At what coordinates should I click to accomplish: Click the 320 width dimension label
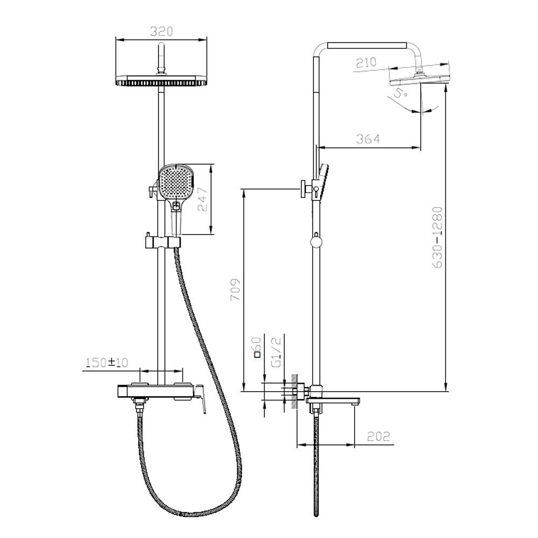[x=161, y=31]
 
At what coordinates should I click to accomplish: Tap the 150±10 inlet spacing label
[x=107, y=363]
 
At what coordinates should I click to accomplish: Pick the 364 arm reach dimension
[x=369, y=139]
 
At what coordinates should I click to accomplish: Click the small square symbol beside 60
[x=257, y=354]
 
